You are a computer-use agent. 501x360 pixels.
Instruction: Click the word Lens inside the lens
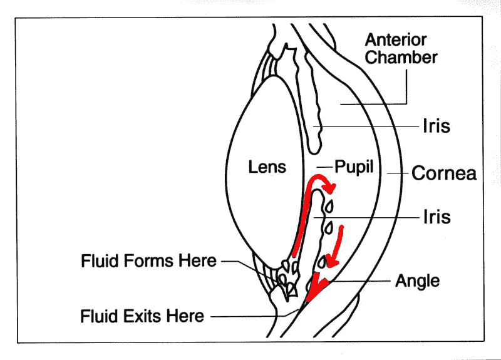pyautogui.click(x=267, y=167)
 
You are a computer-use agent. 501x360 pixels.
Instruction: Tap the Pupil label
pyautogui.click(x=354, y=167)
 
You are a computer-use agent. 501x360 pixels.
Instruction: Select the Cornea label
pyautogui.click(x=443, y=173)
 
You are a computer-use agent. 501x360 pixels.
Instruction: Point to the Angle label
pyautogui.click(x=417, y=280)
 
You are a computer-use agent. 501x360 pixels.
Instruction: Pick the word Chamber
pyautogui.click(x=401, y=58)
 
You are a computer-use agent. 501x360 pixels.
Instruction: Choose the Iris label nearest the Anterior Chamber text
pyautogui.click(x=436, y=126)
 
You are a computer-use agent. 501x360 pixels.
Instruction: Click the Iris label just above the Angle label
pyautogui.click(x=436, y=217)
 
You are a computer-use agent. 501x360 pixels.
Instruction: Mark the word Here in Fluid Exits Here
pyautogui.click(x=187, y=316)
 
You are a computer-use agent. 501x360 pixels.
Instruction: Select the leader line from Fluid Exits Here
pyautogui.click(x=250, y=317)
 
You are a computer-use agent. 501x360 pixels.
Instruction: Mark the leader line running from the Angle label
pyautogui.click(x=360, y=281)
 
